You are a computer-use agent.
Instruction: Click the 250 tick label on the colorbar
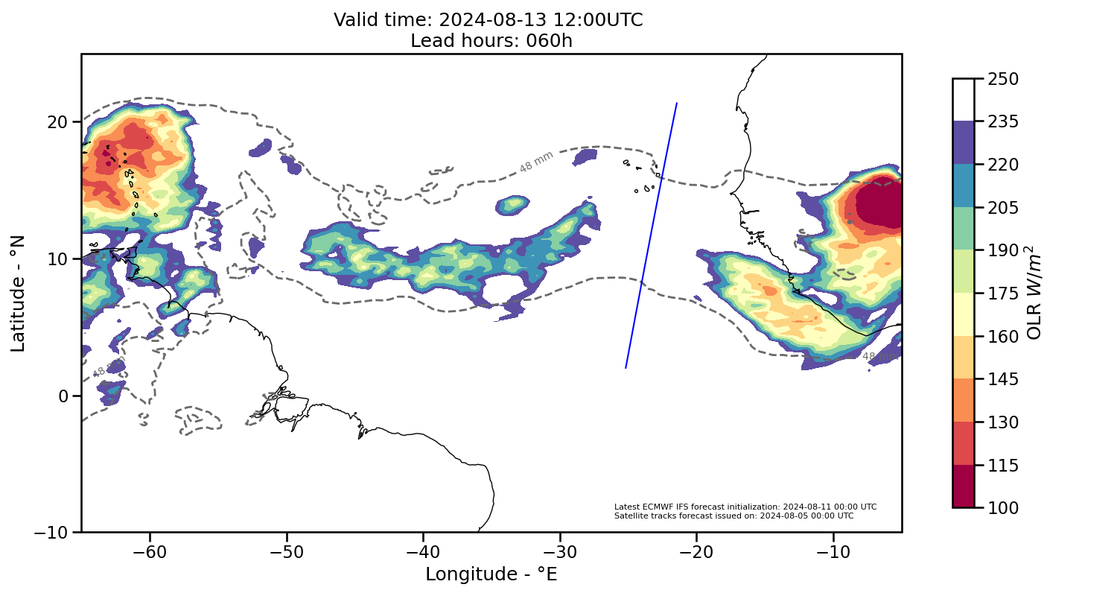click(x=1002, y=78)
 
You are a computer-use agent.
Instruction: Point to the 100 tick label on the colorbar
click(x=1002, y=507)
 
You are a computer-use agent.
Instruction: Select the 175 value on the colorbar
click(x=1002, y=293)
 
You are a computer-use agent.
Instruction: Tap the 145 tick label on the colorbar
click(x=1002, y=379)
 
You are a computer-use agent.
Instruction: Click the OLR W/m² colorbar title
click(x=1034, y=293)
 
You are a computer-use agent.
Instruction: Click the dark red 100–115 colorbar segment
click(x=963, y=486)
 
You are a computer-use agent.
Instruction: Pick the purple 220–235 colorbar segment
click(x=963, y=142)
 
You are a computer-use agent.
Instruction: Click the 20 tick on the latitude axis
click(x=59, y=121)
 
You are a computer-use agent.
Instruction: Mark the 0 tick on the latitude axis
click(x=66, y=396)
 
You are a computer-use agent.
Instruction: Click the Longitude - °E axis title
click(x=491, y=574)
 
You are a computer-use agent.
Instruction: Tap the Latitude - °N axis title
click(x=18, y=293)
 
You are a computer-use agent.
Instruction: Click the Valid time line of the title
click(x=489, y=20)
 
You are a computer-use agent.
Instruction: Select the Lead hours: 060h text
click(x=491, y=40)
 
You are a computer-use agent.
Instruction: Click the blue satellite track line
click(x=651, y=235)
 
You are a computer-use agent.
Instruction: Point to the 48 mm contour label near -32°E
click(x=536, y=162)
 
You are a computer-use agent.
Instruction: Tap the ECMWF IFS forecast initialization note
click(x=745, y=507)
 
